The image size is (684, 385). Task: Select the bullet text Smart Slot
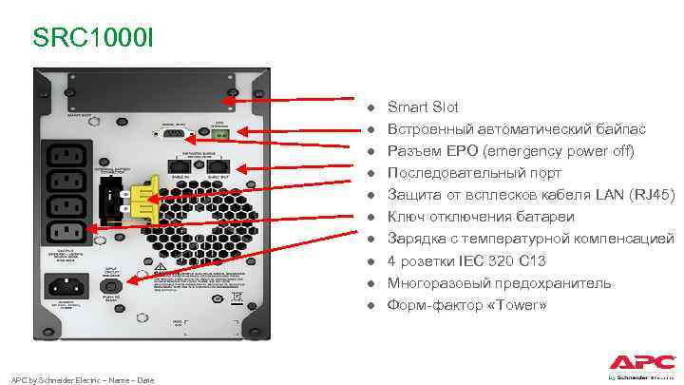[x=423, y=107]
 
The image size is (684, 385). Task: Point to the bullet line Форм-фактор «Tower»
[x=466, y=305]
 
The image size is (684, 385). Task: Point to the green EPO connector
[x=219, y=134]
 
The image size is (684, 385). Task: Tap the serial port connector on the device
[x=175, y=136]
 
